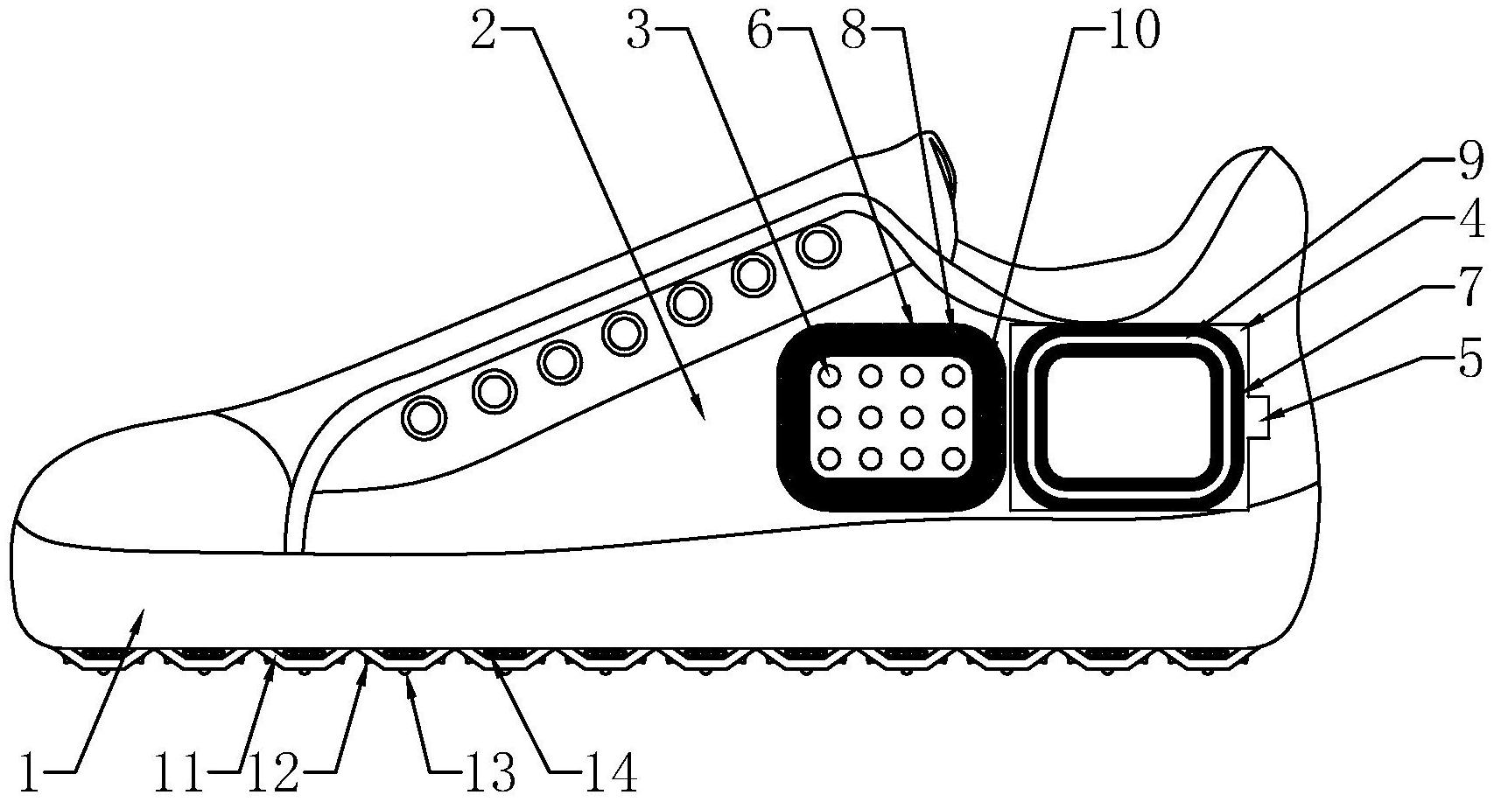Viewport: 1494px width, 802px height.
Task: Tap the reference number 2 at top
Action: click(486, 33)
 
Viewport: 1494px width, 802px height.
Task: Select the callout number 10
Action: click(1134, 32)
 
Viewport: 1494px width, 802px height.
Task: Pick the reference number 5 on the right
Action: click(1470, 360)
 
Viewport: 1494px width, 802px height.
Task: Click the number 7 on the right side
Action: click(1470, 286)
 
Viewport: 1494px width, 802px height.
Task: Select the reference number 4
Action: click(1470, 223)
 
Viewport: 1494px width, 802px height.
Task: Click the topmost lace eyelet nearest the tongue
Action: click(819, 247)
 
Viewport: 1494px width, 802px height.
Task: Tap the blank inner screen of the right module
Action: click(1127, 416)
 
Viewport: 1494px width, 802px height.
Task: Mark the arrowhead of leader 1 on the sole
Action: click(137, 617)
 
